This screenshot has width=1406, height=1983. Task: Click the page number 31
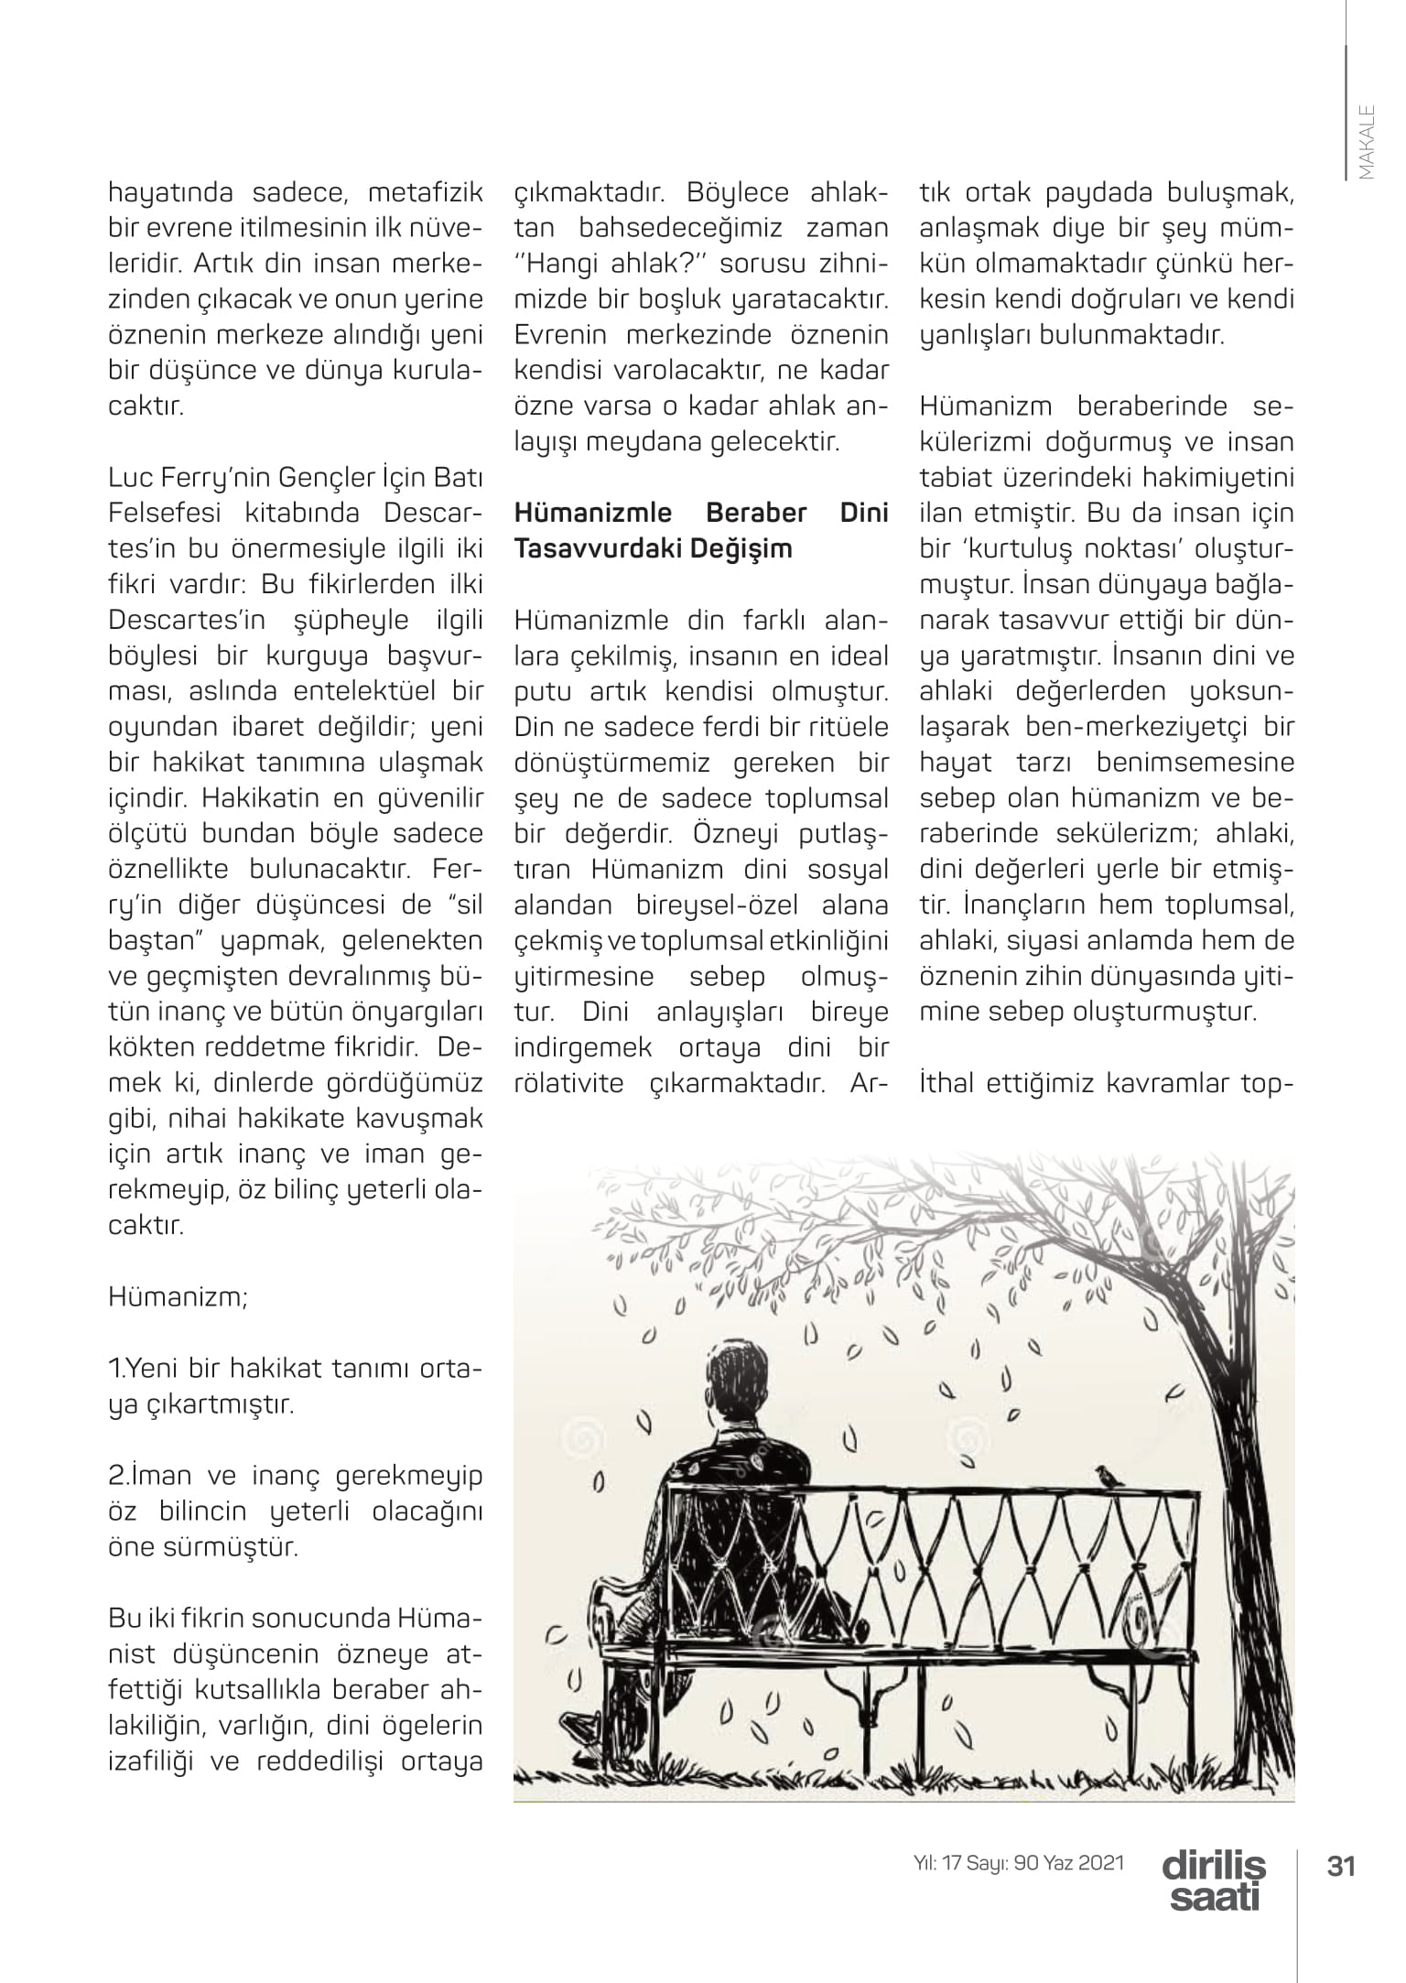pos(1340,1865)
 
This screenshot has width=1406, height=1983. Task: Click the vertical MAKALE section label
pos(1366,143)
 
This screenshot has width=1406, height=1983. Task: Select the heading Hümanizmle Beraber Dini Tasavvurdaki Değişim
pos(700,530)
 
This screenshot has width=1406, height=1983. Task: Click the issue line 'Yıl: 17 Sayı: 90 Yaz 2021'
pos(1019,1862)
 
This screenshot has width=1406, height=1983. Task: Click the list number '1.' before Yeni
pos(116,1369)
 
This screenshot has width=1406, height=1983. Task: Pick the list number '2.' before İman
pos(119,1476)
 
